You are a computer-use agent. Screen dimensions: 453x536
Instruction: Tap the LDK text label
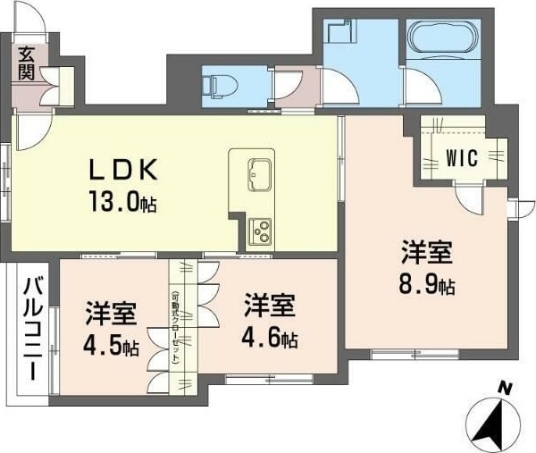pyautogui.click(x=124, y=170)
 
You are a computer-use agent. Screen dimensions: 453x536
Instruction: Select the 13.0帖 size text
pyautogui.click(x=124, y=203)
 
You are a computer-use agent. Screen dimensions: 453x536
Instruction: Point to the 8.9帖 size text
pyautogui.click(x=425, y=286)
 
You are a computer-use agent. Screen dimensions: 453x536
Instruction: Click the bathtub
pyautogui.click(x=445, y=39)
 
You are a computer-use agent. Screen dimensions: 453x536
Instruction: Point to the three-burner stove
pyautogui.click(x=262, y=232)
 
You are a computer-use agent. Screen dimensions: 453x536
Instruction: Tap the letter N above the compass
pyautogui.click(x=505, y=389)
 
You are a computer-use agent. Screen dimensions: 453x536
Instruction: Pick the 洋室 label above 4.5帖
pyautogui.click(x=111, y=315)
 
